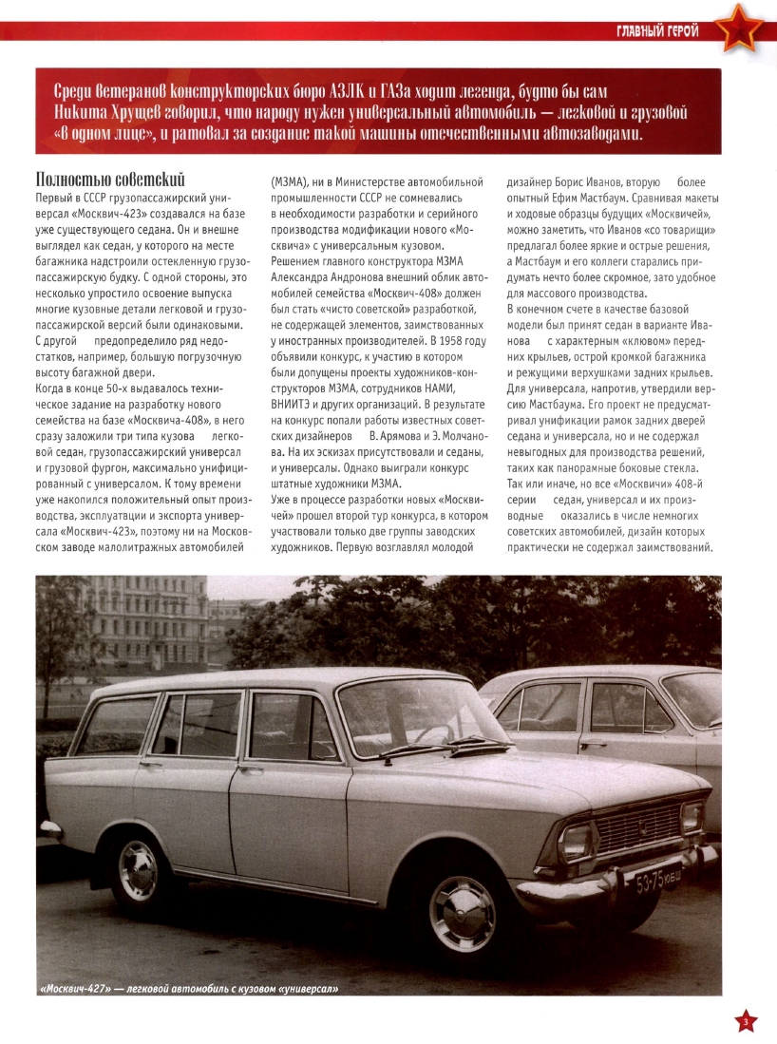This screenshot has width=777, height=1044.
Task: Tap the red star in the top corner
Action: pyautogui.click(x=738, y=28)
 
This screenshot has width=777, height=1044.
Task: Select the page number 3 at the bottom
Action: pyautogui.click(x=746, y=1022)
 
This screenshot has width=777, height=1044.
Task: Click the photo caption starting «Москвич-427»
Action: pyautogui.click(x=189, y=989)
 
